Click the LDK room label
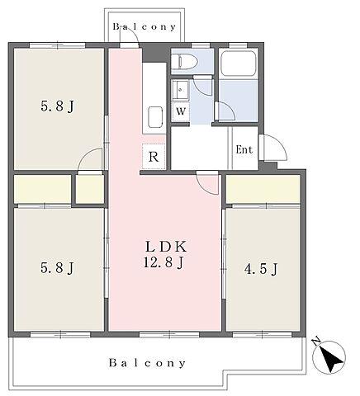pos(166,247)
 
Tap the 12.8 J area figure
pos(163,262)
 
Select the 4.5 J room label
pos(261,270)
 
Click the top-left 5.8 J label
pos(58,106)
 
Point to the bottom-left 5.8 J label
pos(57,268)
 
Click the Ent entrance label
pos(244,149)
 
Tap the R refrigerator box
pos(154,156)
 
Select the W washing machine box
pos(181,111)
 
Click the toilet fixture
pos(187,61)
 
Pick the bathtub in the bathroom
pos(239,64)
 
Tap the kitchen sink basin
pos(155,116)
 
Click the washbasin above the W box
pos(180,90)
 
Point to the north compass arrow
pos(332,357)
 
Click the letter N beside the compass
pos(316,341)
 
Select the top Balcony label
pos(144,26)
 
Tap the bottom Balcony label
pos(147,363)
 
